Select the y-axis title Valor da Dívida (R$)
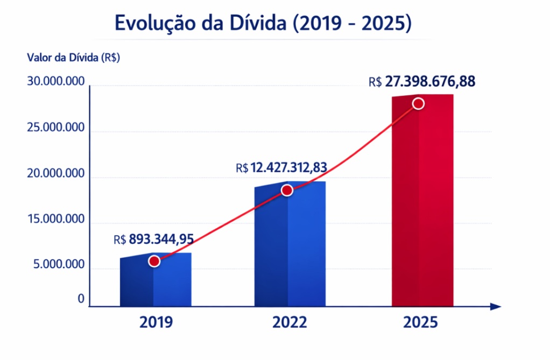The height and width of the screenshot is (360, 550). click(x=74, y=58)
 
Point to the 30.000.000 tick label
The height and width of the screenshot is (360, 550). click(x=56, y=81)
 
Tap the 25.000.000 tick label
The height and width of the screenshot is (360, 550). click(x=56, y=128)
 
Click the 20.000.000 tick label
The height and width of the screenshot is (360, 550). click(x=56, y=173)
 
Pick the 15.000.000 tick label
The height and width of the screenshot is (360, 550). click(x=56, y=219)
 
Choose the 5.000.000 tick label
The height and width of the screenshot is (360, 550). click(x=59, y=264)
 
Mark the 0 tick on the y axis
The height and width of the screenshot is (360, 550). click(x=81, y=299)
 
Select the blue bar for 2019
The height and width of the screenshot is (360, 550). click(x=156, y=280)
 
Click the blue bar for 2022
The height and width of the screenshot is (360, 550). click(x=290, y=244)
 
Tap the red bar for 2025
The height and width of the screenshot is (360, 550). click(x=422, y=200)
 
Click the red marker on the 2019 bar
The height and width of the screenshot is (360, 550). click(x=154, y=261)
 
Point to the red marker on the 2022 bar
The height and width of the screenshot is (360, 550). click(x=287, y=190)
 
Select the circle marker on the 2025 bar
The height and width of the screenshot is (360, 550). click(x=418, y=103)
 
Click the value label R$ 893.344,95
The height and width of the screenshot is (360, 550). click(x=153, y=239)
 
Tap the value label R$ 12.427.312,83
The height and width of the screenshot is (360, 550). click(x=281, y=168)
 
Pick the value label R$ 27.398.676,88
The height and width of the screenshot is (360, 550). click(x=422, y=81)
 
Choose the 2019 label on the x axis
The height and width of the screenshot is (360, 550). click(x=156, y=322)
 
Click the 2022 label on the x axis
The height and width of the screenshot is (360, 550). click(x=290, y=322)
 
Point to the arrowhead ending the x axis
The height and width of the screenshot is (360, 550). click(x=496, y=307)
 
